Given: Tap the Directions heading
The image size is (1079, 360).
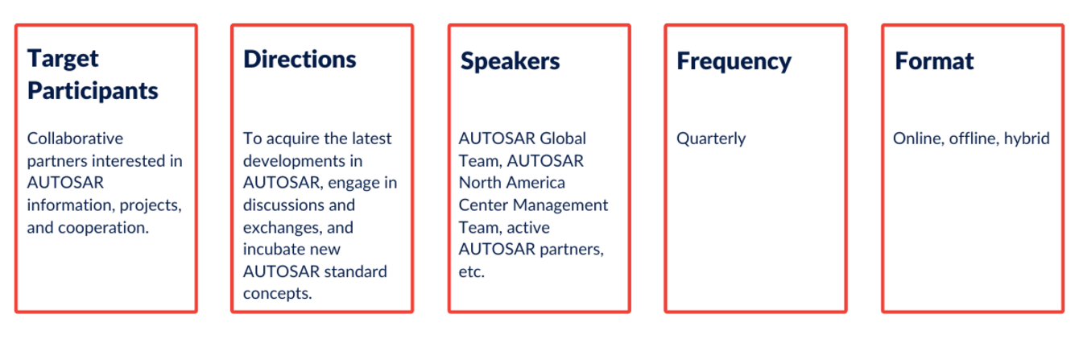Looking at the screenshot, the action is click(x=300, y=60).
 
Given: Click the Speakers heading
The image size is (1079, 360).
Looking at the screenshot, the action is click(x=511, y=61).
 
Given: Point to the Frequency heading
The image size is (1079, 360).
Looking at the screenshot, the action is click(x=734, y=62).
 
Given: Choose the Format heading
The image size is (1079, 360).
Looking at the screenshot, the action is click(x=934, y=60).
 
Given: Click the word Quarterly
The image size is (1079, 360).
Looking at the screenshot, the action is click(x=711, y=139).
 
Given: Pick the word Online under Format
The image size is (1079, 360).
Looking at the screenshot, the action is click(x=918, y=139).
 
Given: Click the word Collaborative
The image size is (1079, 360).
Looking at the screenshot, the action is click(x=75, y=139).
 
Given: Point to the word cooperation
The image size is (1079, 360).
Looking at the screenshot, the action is click(x=103, y=227).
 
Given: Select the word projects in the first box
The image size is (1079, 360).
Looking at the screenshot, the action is click(x=151, y=206).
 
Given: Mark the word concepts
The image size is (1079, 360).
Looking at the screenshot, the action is click(x=278, y=294).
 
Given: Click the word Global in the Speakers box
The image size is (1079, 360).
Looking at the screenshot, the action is click(x=563, y=139).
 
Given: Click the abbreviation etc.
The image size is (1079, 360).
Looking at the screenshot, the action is click(x=472, y=271).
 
